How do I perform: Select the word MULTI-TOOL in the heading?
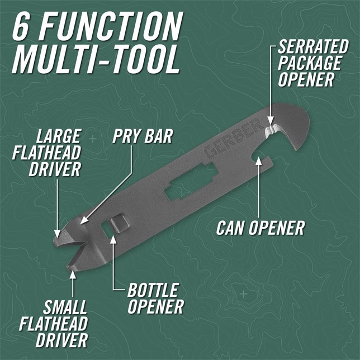(96, 59)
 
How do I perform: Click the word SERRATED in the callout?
(313, 46)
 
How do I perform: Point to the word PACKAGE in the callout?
(309, 63)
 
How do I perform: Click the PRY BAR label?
(143, 136)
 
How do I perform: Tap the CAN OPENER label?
(260, 228)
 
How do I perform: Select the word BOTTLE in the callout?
(153, 290)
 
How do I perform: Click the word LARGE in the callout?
(58, 136)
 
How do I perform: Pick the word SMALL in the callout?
(65, 307)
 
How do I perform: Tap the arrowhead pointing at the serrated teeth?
(271, 121)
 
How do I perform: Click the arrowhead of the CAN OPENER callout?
(259, 160)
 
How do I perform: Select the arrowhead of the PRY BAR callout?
(83, 220)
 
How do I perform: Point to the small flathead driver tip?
(70, 267)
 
